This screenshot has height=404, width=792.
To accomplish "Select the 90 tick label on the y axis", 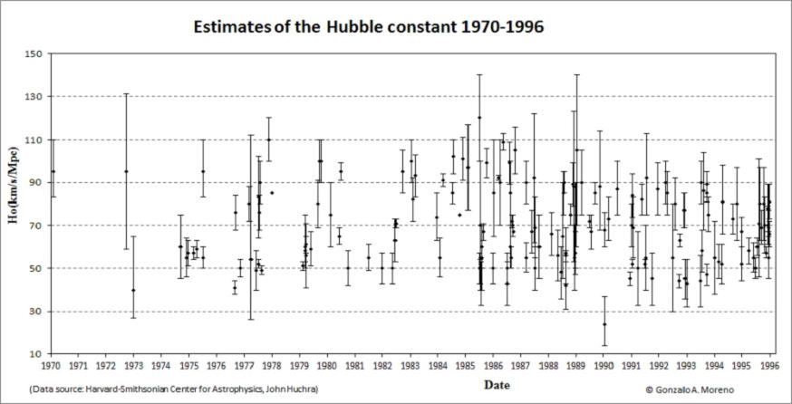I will (37, 183).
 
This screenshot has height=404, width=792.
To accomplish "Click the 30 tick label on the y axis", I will (37, 312).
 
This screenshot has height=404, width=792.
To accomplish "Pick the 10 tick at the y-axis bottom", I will (37, 354).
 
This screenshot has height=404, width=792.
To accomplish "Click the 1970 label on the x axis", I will (51, 368).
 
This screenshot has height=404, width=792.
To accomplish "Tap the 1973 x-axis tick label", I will (134, 368).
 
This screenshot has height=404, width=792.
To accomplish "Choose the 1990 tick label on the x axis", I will (604, 368).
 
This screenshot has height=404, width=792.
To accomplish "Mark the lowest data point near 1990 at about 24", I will (604, 324).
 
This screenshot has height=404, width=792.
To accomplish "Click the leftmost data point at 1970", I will (53, 171).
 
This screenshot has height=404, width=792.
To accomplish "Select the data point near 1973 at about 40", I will (133, 290).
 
